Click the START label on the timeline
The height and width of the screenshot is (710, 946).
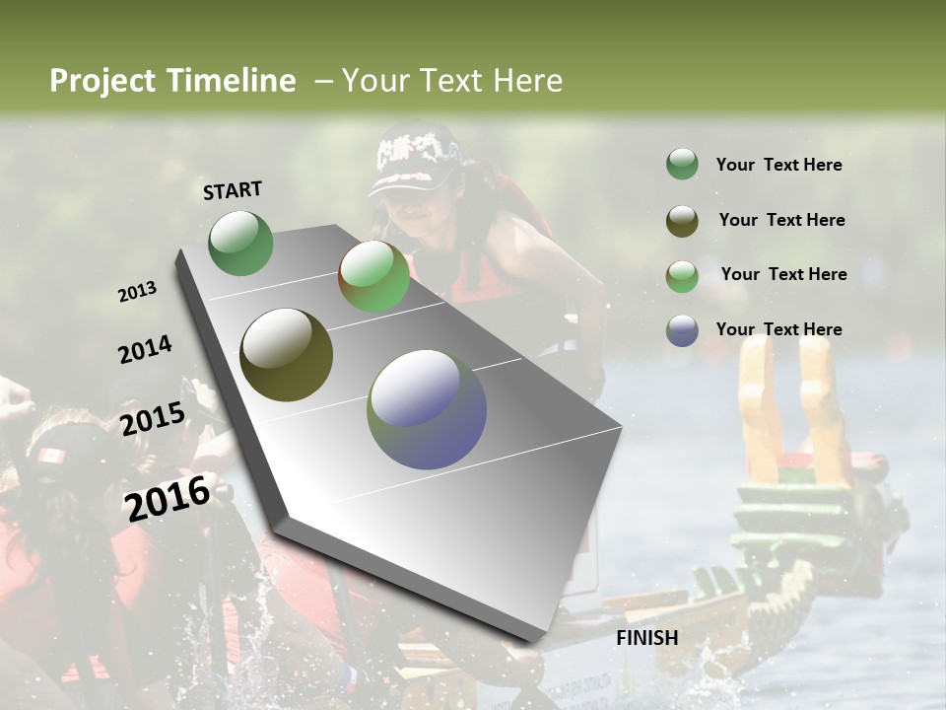click(x=233, y=190)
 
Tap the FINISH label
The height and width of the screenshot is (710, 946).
click(x=646, y=638)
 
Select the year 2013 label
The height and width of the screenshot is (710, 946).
click(x=137, y=292)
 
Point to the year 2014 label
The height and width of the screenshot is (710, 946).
click(x=145, y=350)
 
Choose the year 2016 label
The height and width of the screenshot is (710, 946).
click(x=168, y=498)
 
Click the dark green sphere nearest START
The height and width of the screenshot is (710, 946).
click(x=240, y=243)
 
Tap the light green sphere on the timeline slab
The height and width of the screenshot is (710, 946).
click(x=373, y=277)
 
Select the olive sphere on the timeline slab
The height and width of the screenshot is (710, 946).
click(x=286, y=355)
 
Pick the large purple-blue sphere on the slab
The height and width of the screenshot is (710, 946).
click(x=427, y=409)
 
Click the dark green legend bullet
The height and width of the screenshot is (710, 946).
click(x=682, y=165)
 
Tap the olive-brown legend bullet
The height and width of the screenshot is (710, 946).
click(x=682, y=221)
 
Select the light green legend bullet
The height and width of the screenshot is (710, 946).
click(x=682, y=275)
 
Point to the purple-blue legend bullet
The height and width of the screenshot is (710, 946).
click(x=682, y=330)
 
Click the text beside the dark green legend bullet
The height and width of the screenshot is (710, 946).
click(x=778, y=166)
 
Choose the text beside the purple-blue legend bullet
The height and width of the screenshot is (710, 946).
click(x=778, y=329)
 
